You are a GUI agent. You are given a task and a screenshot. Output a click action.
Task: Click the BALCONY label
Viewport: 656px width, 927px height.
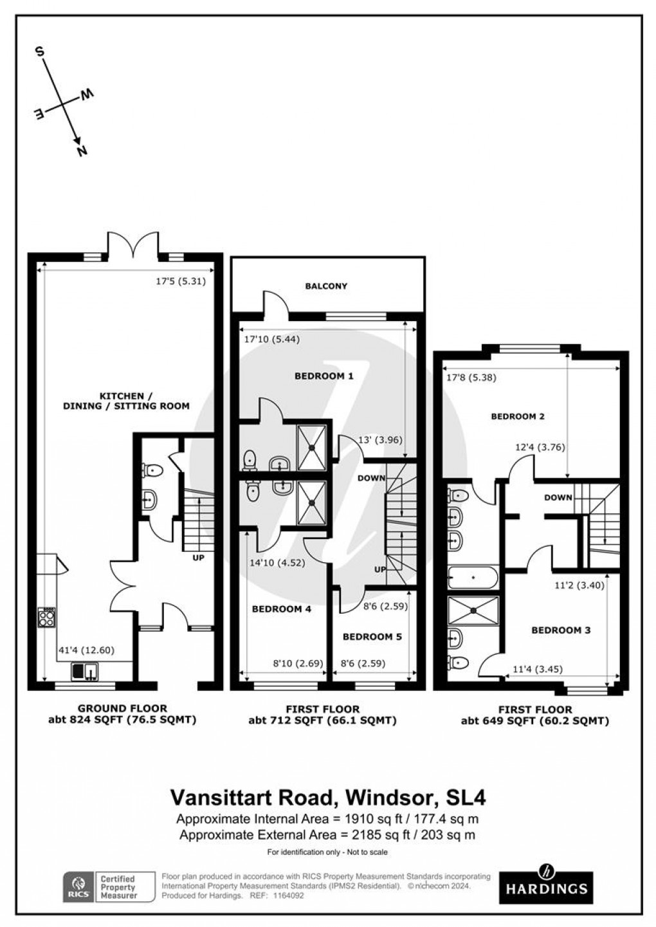[327, 286]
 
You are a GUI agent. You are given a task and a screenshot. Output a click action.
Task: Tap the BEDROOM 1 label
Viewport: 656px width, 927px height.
[323, 376]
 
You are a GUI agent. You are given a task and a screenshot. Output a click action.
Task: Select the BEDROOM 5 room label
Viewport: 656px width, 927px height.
[372, 637]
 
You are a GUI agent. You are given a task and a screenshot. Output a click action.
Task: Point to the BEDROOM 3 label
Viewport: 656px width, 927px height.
[560, 630]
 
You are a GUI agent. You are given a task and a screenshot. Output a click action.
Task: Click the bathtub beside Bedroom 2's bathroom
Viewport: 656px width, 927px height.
[473, 578]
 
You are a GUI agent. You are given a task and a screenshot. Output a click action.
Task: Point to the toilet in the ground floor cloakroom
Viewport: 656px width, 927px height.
[151, 471]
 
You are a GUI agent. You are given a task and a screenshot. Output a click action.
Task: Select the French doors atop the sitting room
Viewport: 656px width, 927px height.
[132, 245]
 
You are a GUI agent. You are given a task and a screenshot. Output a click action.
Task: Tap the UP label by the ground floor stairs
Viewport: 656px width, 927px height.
[198, 558]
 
